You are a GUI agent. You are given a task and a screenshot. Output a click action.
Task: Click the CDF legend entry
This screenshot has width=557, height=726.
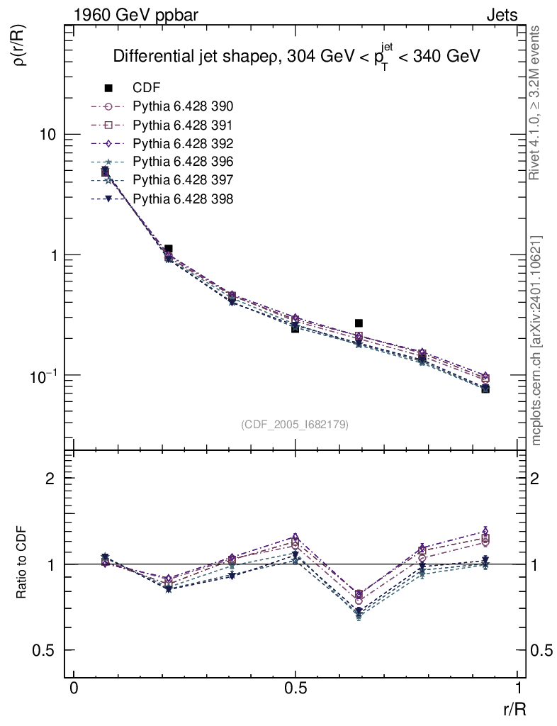coord(147,88)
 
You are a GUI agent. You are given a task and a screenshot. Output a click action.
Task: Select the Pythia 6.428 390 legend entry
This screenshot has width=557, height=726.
coord(183,106)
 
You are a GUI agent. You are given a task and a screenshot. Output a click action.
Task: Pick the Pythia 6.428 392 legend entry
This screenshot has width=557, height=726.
coord(183,143)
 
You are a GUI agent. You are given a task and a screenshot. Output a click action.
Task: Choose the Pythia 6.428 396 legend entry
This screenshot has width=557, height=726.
coord(183,162)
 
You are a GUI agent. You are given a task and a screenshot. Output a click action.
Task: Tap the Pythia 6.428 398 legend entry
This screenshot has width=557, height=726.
coord(183,199)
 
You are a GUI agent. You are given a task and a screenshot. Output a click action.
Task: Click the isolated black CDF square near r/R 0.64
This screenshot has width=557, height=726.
coord(359,323)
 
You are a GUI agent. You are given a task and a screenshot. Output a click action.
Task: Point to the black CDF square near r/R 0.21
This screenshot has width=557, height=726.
coord(168,249)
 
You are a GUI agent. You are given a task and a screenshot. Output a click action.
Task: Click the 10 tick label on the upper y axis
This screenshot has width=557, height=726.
coord(47,135)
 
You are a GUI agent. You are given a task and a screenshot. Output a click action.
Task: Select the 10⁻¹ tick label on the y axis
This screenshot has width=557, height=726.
coord(43,374)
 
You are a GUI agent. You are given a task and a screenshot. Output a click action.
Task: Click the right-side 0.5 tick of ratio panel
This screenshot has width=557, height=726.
coord(542,650)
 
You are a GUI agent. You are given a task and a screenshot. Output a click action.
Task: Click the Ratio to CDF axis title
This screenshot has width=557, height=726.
coord(22,564)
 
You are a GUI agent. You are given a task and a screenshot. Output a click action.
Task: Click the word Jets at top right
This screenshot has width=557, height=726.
coord(501,15)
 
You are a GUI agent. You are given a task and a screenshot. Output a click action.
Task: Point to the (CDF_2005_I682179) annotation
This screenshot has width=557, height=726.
coord(295,424)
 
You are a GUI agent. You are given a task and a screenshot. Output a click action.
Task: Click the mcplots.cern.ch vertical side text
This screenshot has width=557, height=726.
coord(536,340)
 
